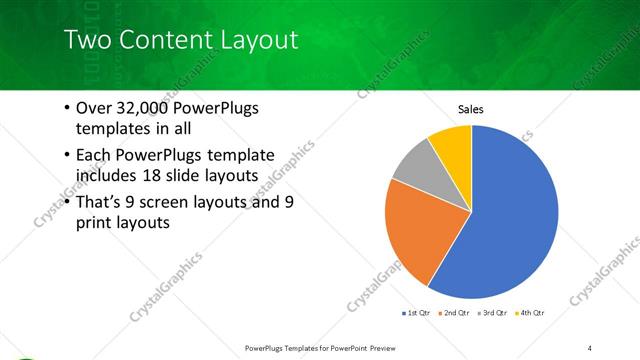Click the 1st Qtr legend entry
417,314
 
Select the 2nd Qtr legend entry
456,314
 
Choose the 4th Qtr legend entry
531,314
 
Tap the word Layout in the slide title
255,41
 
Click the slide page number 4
590,348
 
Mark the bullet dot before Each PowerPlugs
66,155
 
